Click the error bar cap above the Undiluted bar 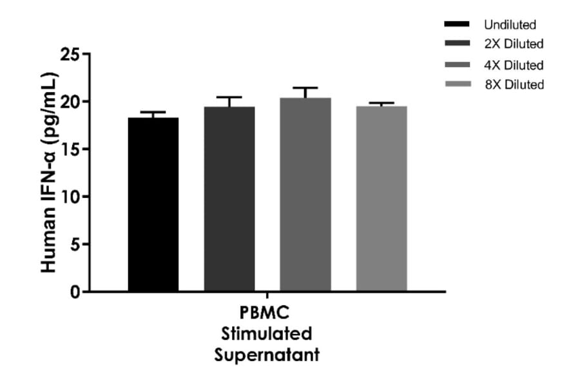pyautogui.click(x=153, y=113)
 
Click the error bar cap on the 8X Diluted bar pyautogui.click(x=382, y=103)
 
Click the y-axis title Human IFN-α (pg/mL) pyautogui.click(x=50, y=173)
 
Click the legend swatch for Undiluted pyautogui.click(x=456, y=25)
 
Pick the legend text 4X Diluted pyautogui.click(x=514, y=64)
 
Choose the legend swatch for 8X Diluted pyautogui.click(x=456, y=84)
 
